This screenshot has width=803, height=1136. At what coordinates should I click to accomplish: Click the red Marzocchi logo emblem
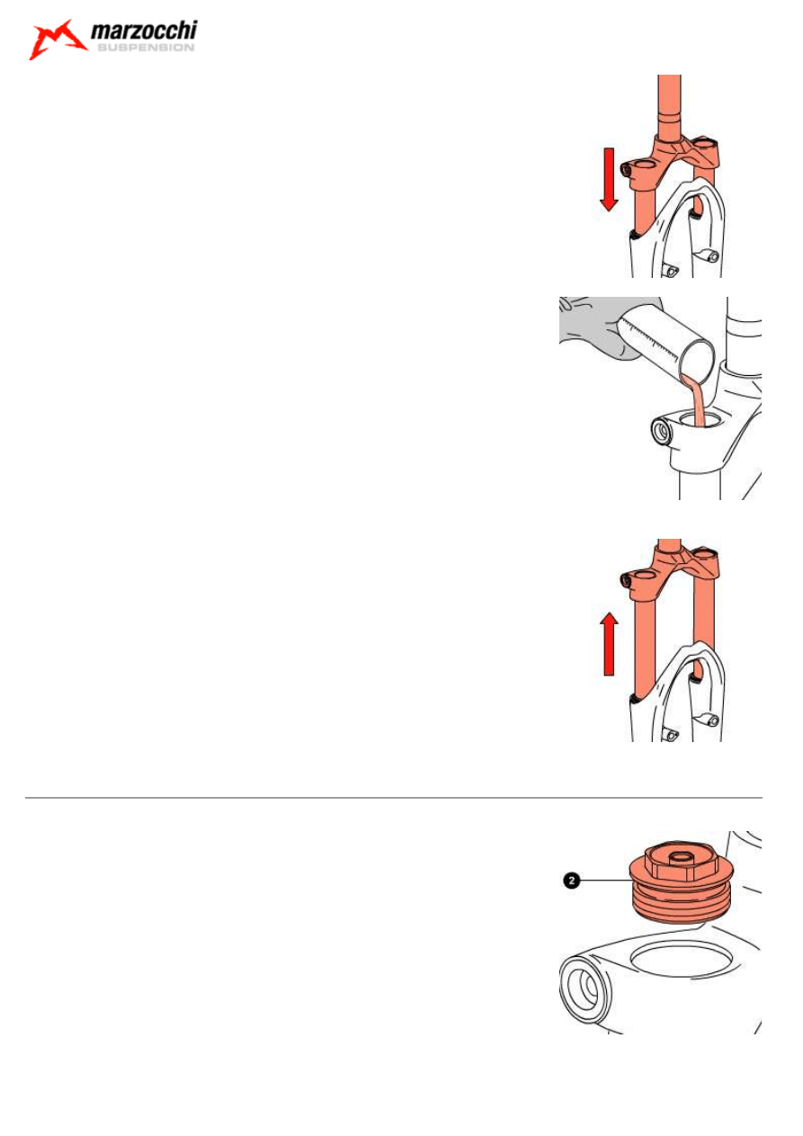pos(56,40)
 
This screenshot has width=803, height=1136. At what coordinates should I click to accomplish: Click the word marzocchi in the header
pos(144,31)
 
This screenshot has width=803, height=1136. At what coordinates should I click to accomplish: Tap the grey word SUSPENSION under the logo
pos(146,48)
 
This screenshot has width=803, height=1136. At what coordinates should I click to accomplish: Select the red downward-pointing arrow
pos(609,180)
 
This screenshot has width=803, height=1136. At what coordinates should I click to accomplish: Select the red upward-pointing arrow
pos(609,644)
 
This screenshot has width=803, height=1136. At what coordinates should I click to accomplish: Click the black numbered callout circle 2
pos(571,881)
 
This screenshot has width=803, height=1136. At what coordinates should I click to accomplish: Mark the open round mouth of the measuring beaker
pos(698,359)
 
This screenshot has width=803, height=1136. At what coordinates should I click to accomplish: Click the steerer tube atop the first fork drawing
pos(669,106)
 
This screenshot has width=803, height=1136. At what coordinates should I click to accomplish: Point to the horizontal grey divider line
pos(393,798)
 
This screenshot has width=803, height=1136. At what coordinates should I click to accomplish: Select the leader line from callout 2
pos(605,881)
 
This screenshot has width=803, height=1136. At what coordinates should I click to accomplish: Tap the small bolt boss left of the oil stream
pos(662,432)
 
